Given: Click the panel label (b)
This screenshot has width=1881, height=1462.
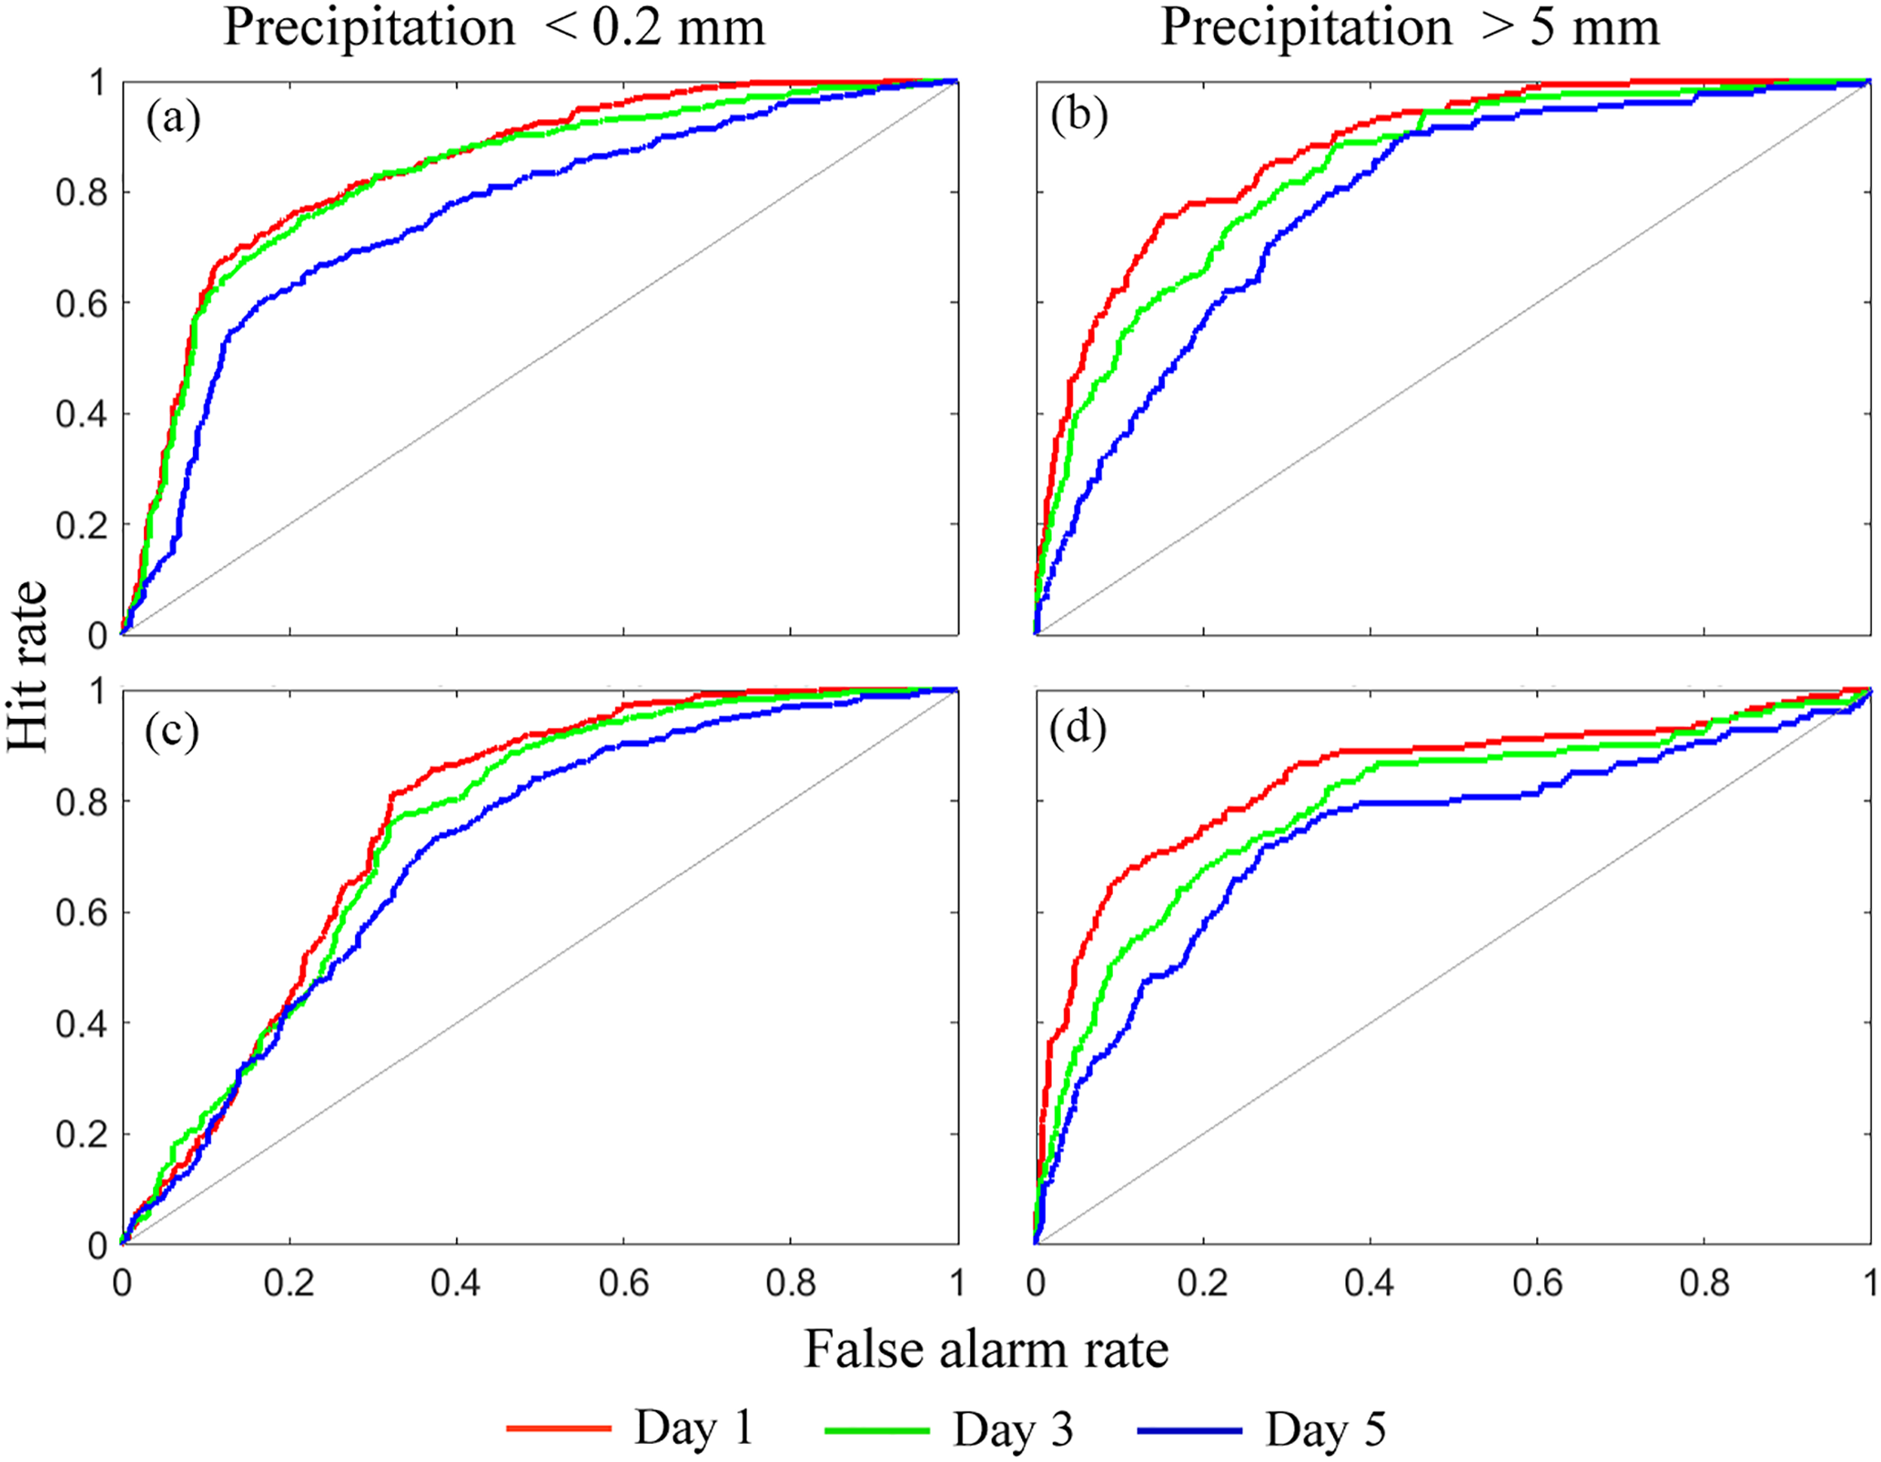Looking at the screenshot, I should (x=1078, y=116).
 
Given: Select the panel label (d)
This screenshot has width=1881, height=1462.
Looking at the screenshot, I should (x=1078, y=730).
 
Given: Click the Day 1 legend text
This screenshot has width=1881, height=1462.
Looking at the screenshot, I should (x=694, y=1427).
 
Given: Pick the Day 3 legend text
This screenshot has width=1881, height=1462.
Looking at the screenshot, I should (x=1013, y=1429).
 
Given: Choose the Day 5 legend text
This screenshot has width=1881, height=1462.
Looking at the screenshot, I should (x=1325, y=1429).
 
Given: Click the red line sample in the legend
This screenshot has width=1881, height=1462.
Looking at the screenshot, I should (x=559, y=1428).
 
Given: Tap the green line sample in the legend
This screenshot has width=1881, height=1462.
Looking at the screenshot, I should (x=877, y=1430).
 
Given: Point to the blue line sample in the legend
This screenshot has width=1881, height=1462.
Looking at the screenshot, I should (x=1189, y=1430).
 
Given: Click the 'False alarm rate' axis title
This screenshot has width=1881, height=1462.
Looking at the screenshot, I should (x=986, y=1348).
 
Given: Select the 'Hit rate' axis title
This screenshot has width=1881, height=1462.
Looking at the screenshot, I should (x=27, y=666).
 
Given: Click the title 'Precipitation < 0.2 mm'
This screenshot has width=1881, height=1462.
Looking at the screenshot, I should (x=494, y=27).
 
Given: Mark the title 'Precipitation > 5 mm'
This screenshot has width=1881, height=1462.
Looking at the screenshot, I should (x=1410, y=27).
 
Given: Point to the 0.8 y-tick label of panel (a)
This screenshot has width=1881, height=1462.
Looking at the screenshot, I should (x=82, y=193).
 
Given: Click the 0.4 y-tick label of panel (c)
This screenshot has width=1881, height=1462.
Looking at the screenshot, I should (x=82, y=1024).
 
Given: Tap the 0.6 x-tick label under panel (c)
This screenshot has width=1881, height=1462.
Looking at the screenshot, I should (x=624, y=1283).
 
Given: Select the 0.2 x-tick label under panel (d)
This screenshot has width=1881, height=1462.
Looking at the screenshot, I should (x=1203, y=1283).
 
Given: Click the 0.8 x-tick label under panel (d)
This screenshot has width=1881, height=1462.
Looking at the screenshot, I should (x=1704, y=1283).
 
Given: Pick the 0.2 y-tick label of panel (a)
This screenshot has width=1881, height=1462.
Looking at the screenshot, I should (x=82, y=526).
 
